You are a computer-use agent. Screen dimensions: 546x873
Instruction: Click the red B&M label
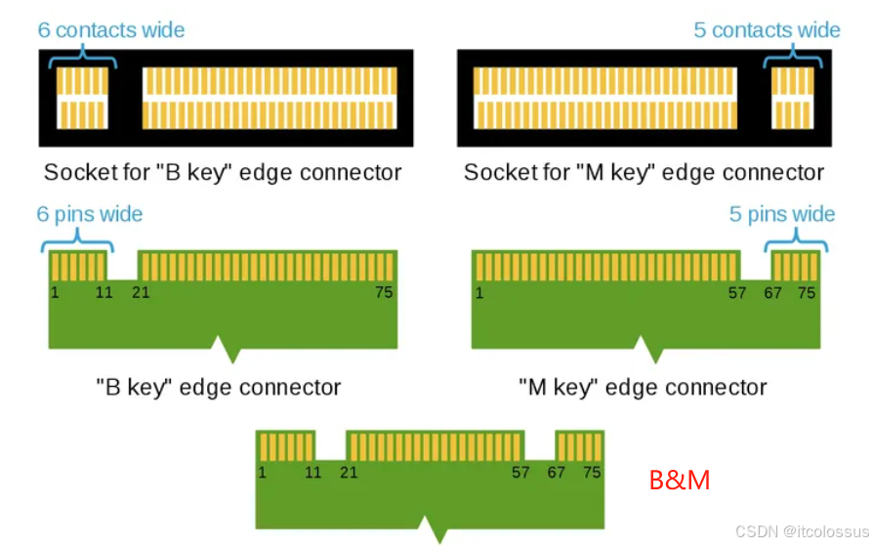pyautogui.click(x=680, y=480)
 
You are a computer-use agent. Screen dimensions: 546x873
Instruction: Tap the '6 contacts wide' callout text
pyautogui.click(x=111, y=29)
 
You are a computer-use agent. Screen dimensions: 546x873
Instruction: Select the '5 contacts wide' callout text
pyautogui.click(x=767, y=29)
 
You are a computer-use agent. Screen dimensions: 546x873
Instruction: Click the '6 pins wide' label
pyautogui.click(x=90, y=214)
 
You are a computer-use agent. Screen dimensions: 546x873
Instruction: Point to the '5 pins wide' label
pyautogui.click(x=782, y=214)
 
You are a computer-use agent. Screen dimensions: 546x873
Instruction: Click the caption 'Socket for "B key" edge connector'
pyautogui.click(x=223, y=173)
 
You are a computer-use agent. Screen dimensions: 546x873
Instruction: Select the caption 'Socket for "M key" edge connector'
pyautogui.click(x=644, y=173)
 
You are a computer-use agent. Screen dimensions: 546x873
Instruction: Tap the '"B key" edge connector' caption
pyautogui.click(x=219, y=387)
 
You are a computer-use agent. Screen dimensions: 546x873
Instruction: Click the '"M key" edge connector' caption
pyautogui.click(x=643, y=387)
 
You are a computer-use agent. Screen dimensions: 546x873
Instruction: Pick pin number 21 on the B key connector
pyautogui.click(x=141, y=292)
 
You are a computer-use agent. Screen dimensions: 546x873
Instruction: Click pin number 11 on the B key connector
pyautogui.click(x=104, y=292)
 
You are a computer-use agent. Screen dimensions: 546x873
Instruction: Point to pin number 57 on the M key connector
pyautogui.click(x=738, y=292)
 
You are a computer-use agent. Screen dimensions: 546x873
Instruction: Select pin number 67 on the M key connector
pyautogui.click(x=772, y=292)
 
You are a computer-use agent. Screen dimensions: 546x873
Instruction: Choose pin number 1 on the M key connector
pyautogui.click(x=479, y=292)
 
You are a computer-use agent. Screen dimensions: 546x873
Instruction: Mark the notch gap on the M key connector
pyautogui.click(x=755, y=266)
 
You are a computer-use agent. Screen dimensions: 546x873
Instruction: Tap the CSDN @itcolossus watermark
pyautogui.click(x=801, y=531)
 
